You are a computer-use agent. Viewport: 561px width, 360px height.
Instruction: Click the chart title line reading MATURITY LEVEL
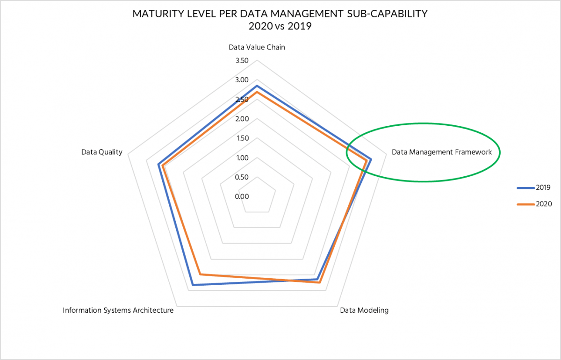(280, 14)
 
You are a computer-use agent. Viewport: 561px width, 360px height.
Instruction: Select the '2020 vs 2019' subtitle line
(280, 26)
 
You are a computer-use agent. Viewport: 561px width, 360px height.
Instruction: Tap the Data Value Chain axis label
(257, 47)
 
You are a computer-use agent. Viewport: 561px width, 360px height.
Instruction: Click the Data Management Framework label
(442, 152)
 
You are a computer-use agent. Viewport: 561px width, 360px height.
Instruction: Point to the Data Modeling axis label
(364, 310)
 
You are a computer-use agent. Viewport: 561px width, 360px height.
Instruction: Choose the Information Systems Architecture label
(118, 310)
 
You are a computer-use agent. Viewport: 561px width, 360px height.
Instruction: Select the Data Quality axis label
(101, 152)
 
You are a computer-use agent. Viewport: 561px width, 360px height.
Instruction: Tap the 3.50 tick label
(242, 61)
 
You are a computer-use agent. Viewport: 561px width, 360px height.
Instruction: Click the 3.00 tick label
(242, 80)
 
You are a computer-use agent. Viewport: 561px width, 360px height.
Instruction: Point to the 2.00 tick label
(242, 119)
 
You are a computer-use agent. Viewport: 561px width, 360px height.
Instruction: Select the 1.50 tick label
(242, 138)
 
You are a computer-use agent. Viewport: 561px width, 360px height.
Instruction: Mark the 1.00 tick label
(242, 158)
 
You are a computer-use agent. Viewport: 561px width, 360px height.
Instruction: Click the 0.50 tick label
(242, 177)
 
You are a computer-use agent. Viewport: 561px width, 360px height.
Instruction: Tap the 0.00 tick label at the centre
(242, 196)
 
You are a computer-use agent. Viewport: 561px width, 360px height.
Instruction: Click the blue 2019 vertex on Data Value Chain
(257, 86)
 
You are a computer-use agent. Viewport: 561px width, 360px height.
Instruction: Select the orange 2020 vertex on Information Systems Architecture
(200, 274)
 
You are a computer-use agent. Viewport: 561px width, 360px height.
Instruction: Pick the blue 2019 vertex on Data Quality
(158, 165)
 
